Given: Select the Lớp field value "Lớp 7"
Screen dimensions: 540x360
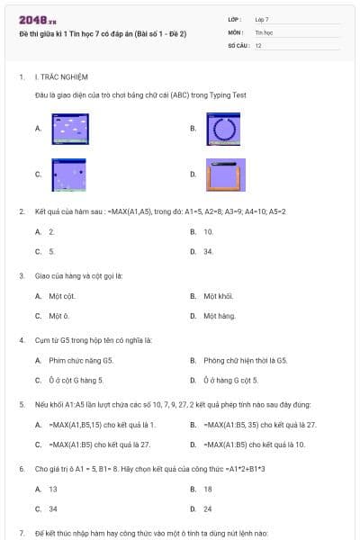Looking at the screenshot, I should (x=264, y=18).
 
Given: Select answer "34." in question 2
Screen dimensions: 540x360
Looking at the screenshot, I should (x=208, y=251).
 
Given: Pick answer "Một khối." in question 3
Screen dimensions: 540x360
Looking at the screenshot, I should (x=218, y=295).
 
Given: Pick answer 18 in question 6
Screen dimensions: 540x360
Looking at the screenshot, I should (x=208, y=489).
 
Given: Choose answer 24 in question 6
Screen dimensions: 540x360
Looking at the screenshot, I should (x=208, y=508).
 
